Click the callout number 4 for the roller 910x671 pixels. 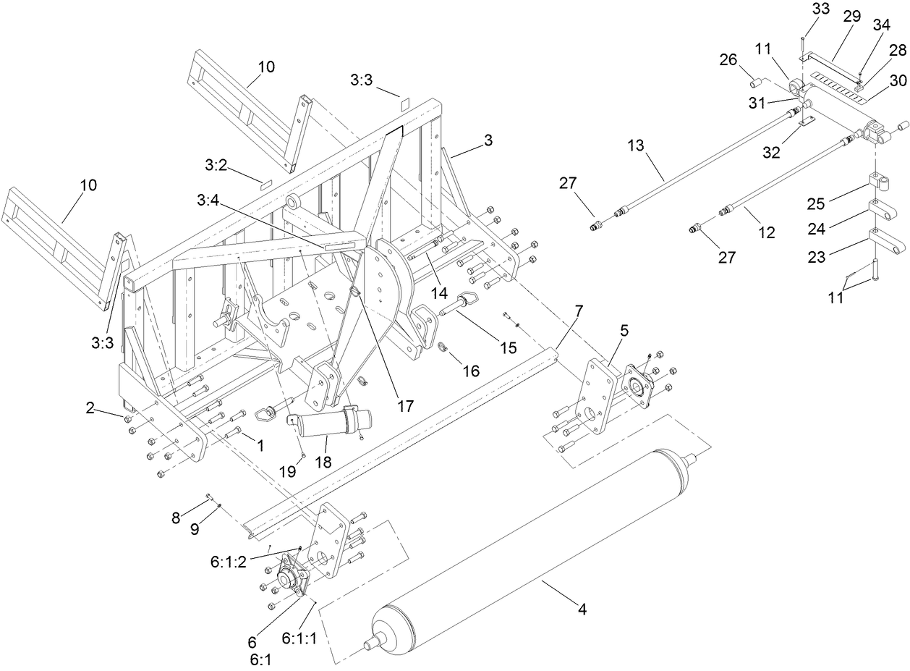582,609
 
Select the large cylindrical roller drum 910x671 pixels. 528,557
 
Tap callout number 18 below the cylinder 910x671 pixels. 323,462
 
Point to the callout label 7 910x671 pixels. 578,312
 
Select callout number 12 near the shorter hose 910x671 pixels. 767,232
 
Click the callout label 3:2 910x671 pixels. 216,165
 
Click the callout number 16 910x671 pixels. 471,371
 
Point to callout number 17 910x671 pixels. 406,406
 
